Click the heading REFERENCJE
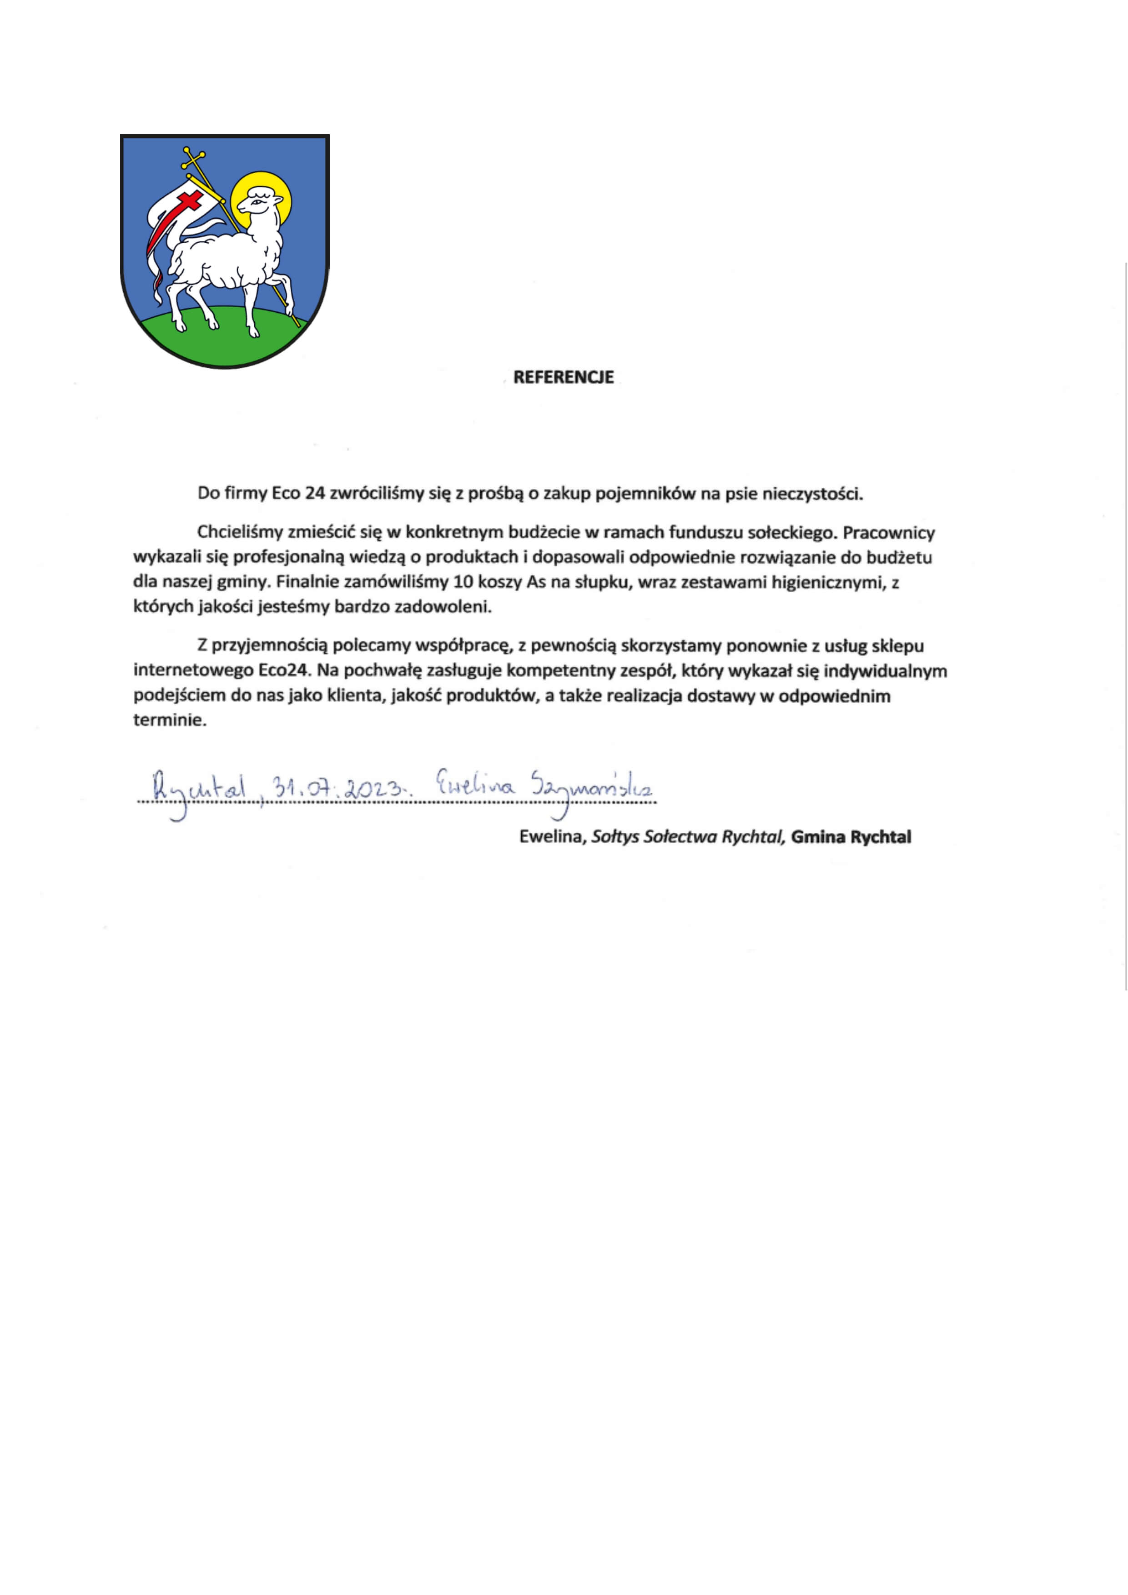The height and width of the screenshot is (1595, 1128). point(563,377)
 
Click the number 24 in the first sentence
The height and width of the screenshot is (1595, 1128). point(315,494)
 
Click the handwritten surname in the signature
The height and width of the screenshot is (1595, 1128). point(591,789)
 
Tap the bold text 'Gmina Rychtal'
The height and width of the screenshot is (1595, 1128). point(851,837)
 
